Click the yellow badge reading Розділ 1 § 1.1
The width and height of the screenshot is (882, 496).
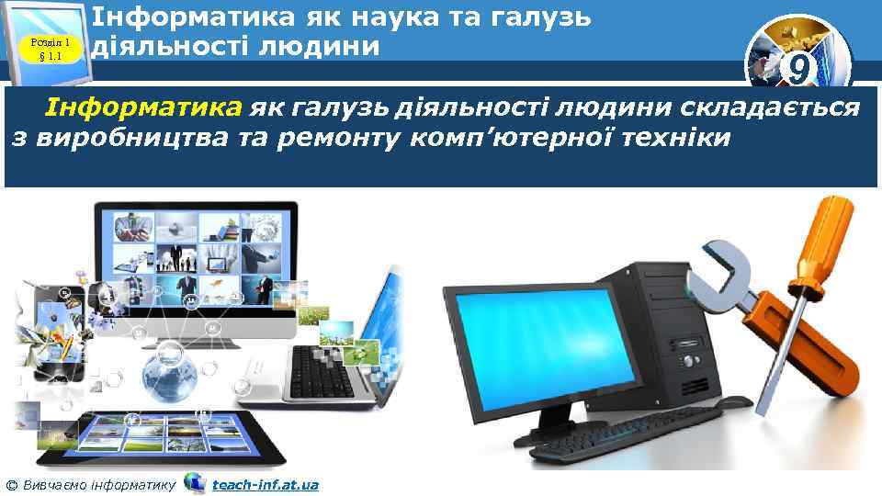click(50, 42)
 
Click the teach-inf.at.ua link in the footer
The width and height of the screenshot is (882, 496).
click(265, 483)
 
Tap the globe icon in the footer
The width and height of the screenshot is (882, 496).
click(195, 482)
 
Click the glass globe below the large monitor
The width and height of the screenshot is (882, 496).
click(171, 372)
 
